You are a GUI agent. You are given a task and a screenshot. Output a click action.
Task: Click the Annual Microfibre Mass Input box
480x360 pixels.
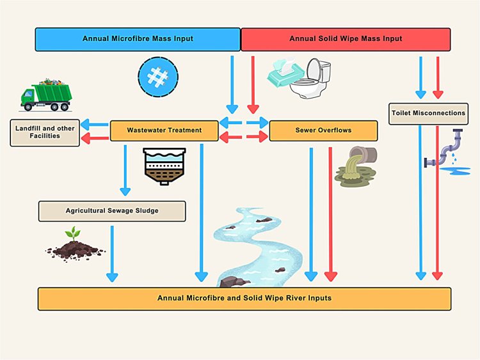point(138,39)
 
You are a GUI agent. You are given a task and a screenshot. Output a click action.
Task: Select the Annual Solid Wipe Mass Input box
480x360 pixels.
point(346,39)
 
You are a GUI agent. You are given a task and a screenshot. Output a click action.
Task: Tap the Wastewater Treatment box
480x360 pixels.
point(164,130)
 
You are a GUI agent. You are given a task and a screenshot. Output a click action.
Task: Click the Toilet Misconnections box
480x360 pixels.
point(429,113)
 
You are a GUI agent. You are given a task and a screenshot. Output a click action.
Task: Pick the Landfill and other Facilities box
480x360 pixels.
point(45,132)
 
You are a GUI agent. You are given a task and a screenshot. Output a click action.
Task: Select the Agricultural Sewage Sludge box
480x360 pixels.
point(112,210)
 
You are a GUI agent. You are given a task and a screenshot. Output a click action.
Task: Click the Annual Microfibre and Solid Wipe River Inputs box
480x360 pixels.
point(244,299)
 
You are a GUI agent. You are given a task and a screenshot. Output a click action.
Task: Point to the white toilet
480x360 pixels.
point(311,80)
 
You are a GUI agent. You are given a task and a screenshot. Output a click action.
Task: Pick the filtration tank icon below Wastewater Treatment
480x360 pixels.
point(164,165)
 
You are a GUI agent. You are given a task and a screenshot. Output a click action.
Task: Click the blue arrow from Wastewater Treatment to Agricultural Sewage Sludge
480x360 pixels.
point(125,170)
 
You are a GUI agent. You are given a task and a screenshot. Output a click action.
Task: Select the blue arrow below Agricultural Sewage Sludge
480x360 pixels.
point(112,253)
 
